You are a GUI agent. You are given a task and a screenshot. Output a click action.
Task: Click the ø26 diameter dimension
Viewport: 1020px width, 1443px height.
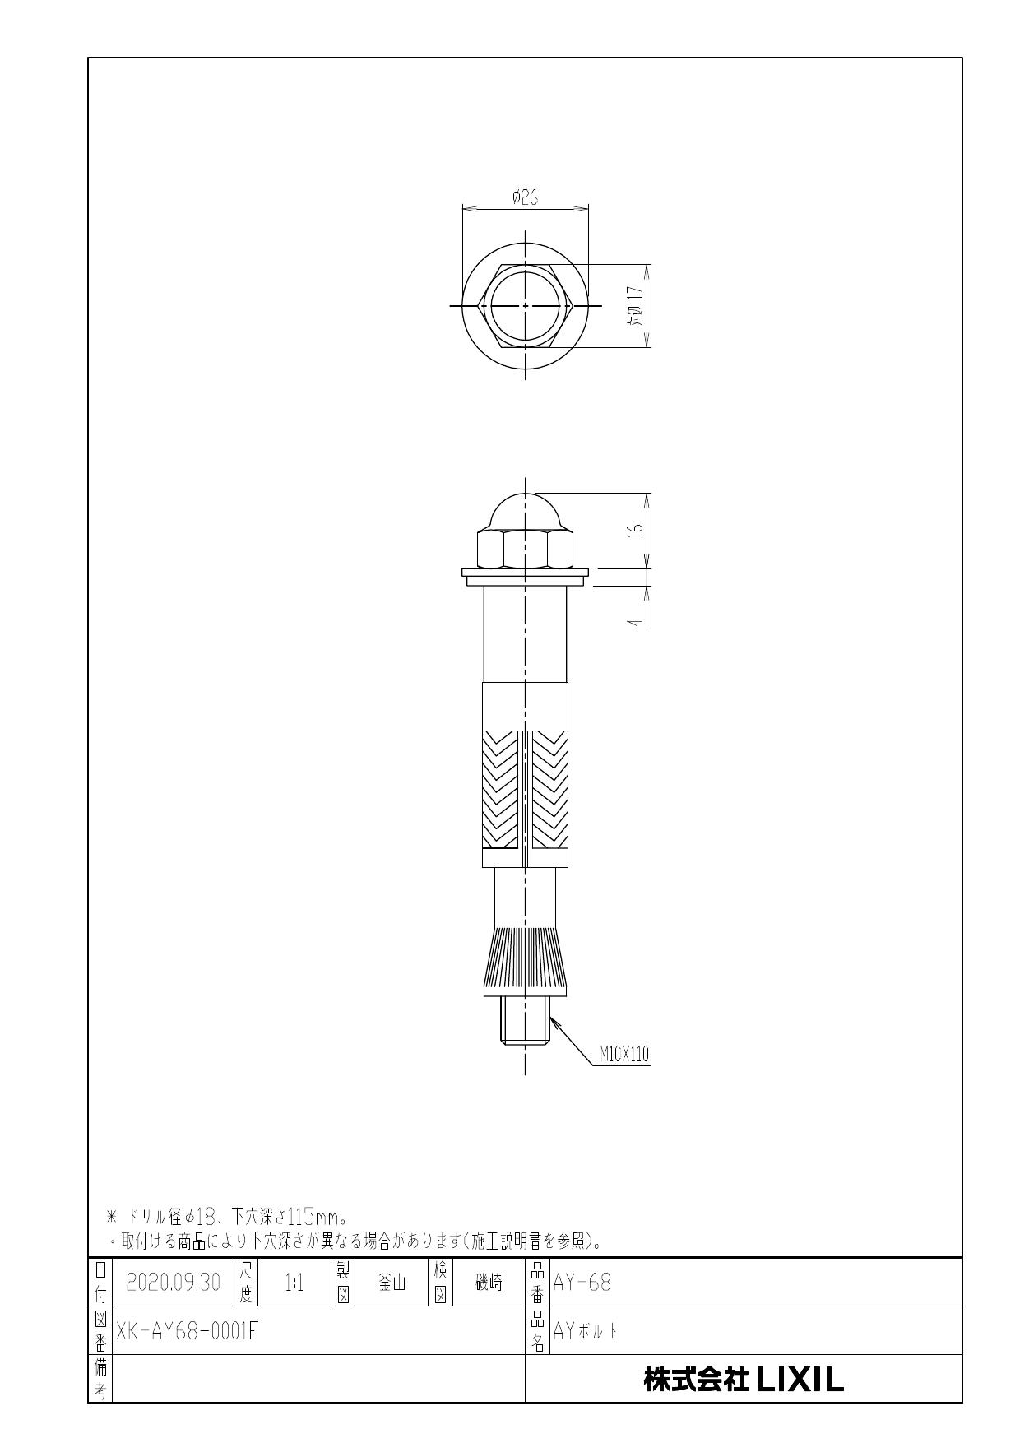(x=525, y=197)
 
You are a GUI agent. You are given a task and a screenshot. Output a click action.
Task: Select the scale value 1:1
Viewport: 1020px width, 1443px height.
(x=294, y=1283)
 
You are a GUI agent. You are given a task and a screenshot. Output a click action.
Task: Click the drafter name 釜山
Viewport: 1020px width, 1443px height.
(x=390, y=1283)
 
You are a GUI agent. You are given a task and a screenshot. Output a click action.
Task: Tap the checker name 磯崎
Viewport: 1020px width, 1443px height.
(x=489, y=1283)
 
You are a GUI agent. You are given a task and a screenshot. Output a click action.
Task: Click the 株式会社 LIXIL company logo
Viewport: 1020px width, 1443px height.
(x=744, y=1380)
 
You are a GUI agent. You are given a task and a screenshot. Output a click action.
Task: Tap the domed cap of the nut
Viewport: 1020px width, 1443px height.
(x=525, y=512)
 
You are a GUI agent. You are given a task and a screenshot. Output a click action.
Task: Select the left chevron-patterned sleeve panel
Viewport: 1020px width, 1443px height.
(x=500, y=790)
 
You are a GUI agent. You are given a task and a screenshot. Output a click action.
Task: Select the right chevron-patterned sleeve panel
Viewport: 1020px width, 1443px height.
(x=549, y=790)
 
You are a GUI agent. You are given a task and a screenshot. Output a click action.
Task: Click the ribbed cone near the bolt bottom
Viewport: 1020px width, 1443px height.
(x=525, y=961)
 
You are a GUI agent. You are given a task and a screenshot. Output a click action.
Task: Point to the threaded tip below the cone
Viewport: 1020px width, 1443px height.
(x=525, y=1020)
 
